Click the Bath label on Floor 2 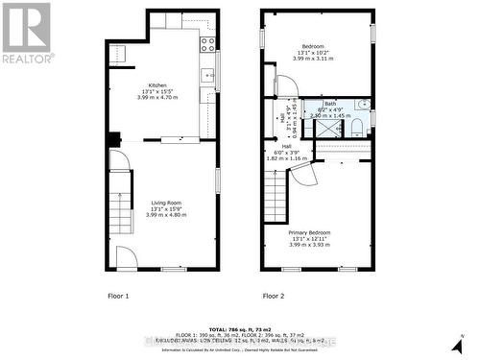coord(329,103)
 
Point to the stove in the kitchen coord(207,42)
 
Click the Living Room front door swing coord(126,257)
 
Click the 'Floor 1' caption coord(119,296)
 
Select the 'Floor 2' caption coord(274,296)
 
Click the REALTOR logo coord(26,35)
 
